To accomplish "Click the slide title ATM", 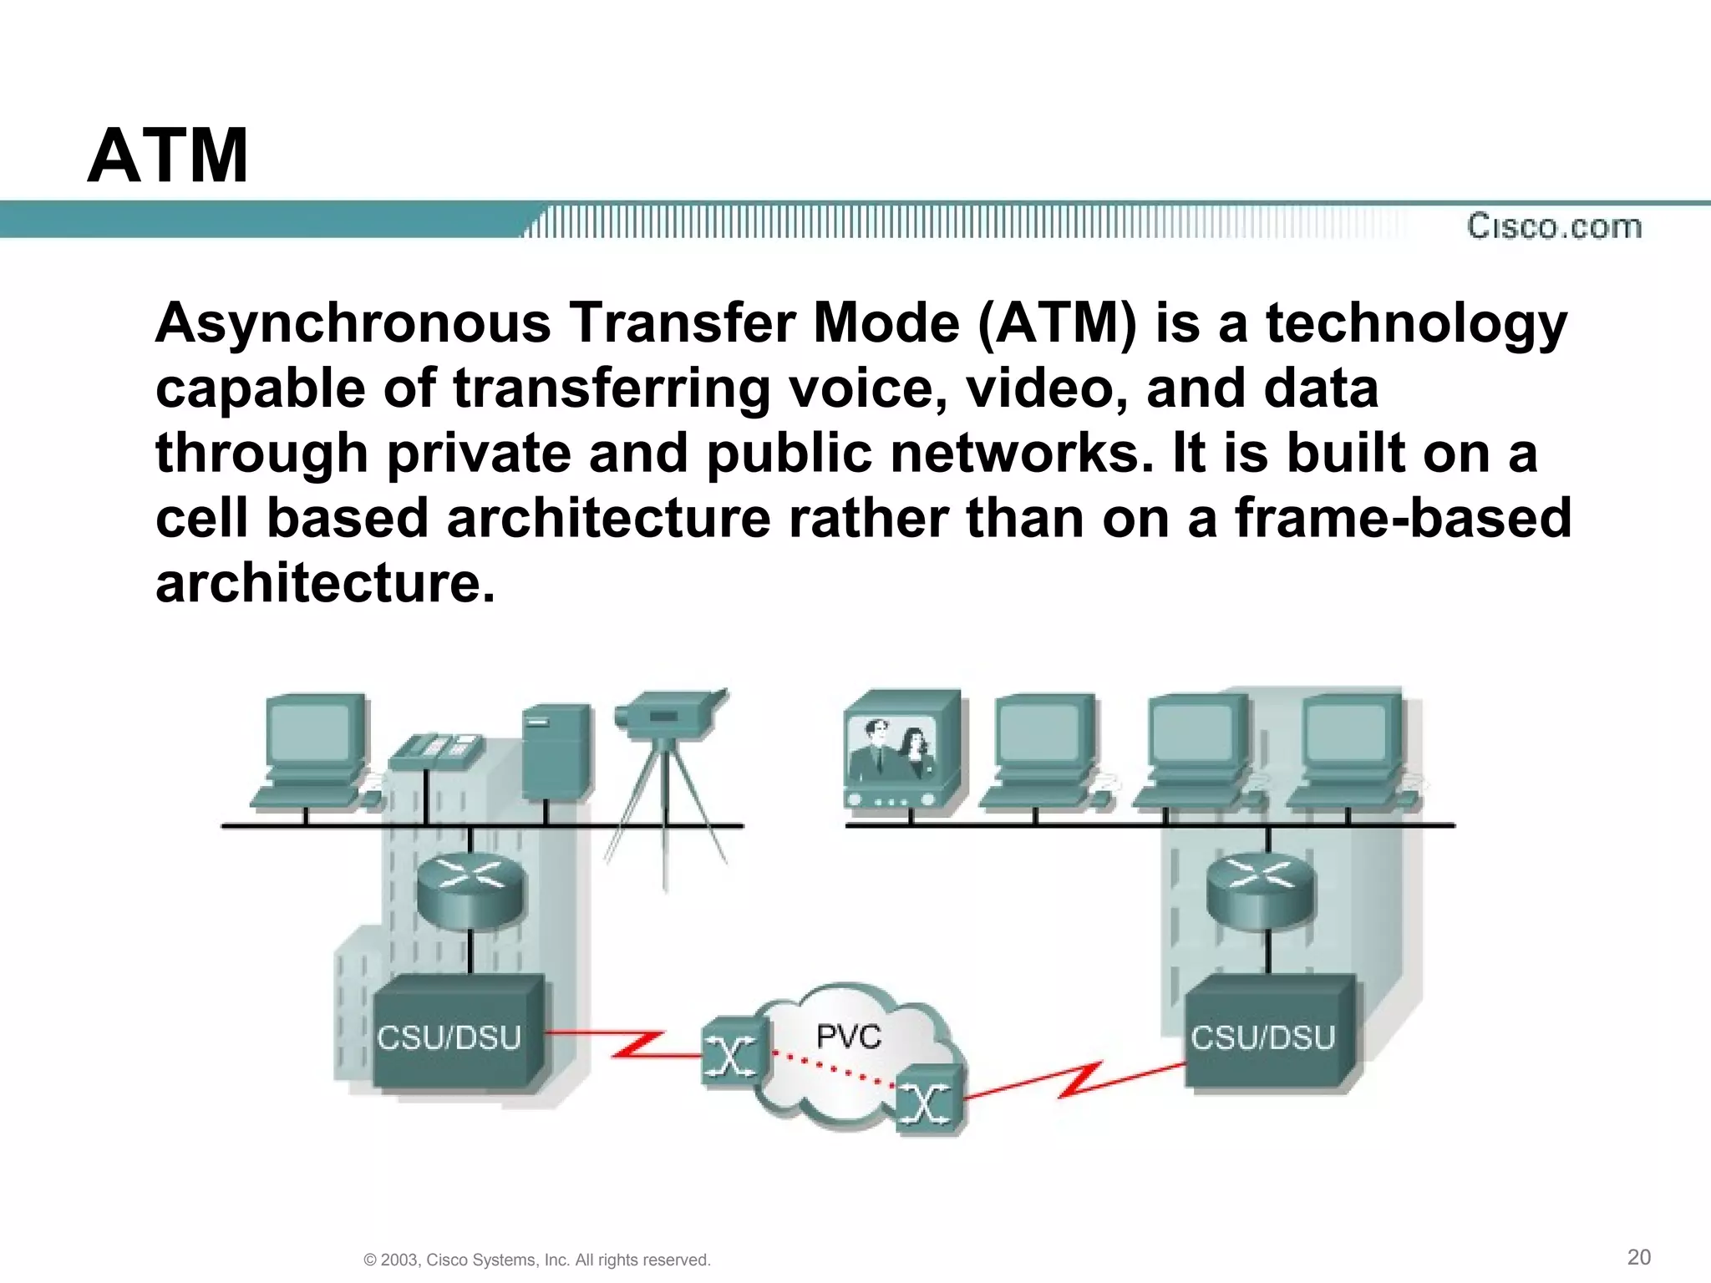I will tap(168, 155).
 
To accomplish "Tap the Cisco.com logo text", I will tap(1554, 226).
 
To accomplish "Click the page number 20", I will tap(1639, 1256).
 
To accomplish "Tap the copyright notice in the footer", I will tap(537, 1260).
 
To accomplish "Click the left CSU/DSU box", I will tap(451, 1037).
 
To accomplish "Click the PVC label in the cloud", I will tap(848, 1037).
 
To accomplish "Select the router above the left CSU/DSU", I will tap(471, 890).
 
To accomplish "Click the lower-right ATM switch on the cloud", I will tap(927, 1103).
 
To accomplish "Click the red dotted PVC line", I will tap(831, 1068).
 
